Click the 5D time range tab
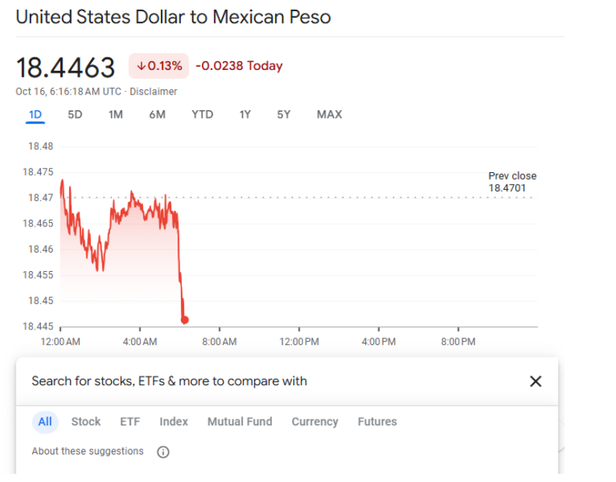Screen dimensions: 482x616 tap(74, 114)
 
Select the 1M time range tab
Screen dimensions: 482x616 tap(115, 114)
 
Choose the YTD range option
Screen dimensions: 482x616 tap(202, 114)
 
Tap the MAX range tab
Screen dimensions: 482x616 tap(329, 114)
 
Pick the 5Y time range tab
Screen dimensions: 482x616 tap(284, 114)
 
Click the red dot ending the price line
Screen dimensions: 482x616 tap(185, 320)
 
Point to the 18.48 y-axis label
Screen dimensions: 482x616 tap(40, 146)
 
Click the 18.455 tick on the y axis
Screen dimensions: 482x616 tap(40, 275)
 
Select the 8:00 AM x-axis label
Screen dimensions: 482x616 tap(219, 342)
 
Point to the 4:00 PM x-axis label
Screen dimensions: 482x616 tap(378, 342)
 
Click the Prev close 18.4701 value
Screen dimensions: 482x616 tap(507, 188)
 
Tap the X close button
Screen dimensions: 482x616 tap(535, 381)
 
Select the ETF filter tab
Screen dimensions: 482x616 tap(130, 422)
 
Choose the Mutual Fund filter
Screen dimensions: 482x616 tap(240, 422)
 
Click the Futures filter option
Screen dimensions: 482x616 tap(377, 422)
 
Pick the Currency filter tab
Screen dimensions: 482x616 tap(314, 422)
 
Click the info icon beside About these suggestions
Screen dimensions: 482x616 tap(163, 451)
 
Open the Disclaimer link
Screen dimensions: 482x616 tap(153, 92)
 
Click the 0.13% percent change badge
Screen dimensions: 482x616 tap(159, 66)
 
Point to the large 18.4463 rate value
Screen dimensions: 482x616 tap(66, 67)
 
